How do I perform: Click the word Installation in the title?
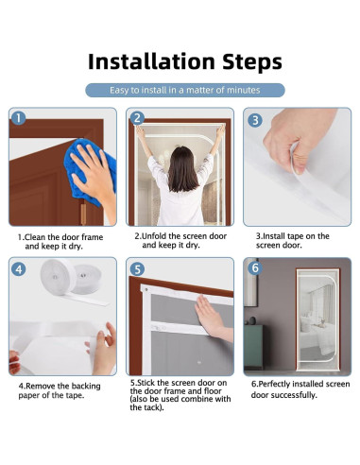151,61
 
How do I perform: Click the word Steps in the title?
252,62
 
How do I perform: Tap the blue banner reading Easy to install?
185,90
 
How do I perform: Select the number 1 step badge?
19,118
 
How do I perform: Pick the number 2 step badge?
137,118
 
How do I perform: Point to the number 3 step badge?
255,120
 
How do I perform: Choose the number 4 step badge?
19,269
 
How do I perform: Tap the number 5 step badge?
137,269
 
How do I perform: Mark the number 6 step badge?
255,268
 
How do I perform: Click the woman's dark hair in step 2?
182,169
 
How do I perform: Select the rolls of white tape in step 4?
72,279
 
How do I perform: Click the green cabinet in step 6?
253,347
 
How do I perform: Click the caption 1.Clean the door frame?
60,242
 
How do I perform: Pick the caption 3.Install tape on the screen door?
293,241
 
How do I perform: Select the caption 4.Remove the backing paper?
60,390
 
